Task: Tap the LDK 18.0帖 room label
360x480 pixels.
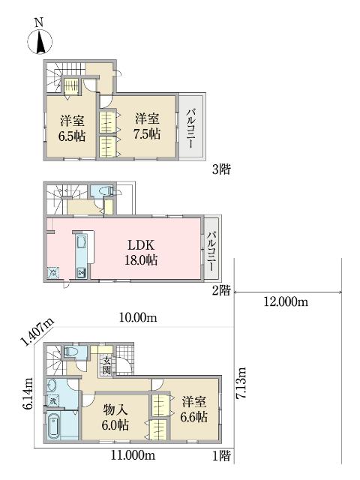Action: pyautogui.click(x=141, y=253)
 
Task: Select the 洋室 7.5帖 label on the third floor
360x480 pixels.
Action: pyautogui.click(x=147, y=127)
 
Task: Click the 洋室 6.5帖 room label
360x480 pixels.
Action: pyautogui.click(x=72, y=128)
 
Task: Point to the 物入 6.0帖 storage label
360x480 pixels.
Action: pyautogui.click(x=115, y=417)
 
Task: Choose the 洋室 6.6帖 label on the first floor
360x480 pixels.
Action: pyautogui.click(x=194, y=409)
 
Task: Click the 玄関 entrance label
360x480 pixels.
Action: pyautogui.click(x=106, y=365)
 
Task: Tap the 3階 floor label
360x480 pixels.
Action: pyautogui.click(x=221, y=169)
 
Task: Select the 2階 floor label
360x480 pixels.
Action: pyautogui.click(x=221, y=290)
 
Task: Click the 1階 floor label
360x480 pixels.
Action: pyautogui.click(x=221, y=456)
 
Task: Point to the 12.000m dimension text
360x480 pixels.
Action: pyautogui.click(x=286, y=302)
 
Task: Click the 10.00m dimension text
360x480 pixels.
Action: pyautogui.click(x=138, y=318)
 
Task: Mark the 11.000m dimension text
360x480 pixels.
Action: pyautogui.click(x=133, y=455)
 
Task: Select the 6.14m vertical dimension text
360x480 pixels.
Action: pyautogui.click(x=28, y=394)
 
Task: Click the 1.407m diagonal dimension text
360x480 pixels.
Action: pyautogui.click(x=37, y=331)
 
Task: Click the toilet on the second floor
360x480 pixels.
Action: pyautogui.click(x=106, y=191)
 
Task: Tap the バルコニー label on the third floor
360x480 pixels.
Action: pyautogui.click(x=190, y=128)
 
